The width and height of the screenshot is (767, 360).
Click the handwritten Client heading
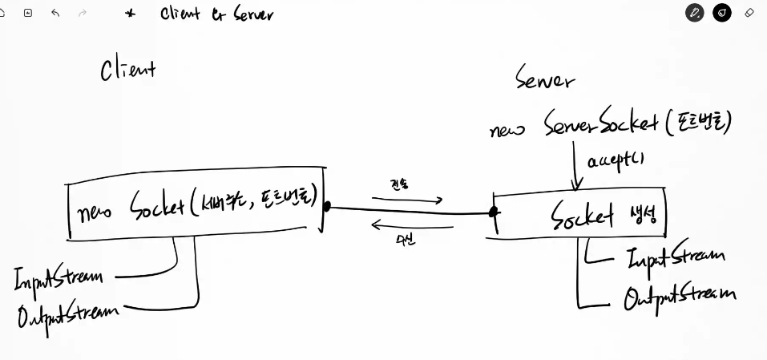(x=127, y=70)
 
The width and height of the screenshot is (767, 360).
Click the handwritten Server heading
(x=545, y=79)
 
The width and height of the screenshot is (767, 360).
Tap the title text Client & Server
(x=216, y=14)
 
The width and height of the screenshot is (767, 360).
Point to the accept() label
(x=616, y=160)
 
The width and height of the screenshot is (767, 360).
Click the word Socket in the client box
(x=156, y=207)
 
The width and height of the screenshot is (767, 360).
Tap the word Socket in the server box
(x=581, y=216)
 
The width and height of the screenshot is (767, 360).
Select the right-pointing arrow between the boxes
(x=407, y=200)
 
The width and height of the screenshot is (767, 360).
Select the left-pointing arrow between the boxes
(x=412, y=226)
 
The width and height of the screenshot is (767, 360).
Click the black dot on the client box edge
(x=326, y=206)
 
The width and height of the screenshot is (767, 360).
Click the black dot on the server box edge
(x=494, y=212)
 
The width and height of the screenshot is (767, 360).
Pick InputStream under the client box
(x=58, y=277)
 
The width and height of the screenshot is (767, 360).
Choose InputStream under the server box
(x=675, y=257)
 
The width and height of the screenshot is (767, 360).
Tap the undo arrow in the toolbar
(x=55, y=13)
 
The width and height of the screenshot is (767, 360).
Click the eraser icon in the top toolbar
(x=749, y=13)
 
